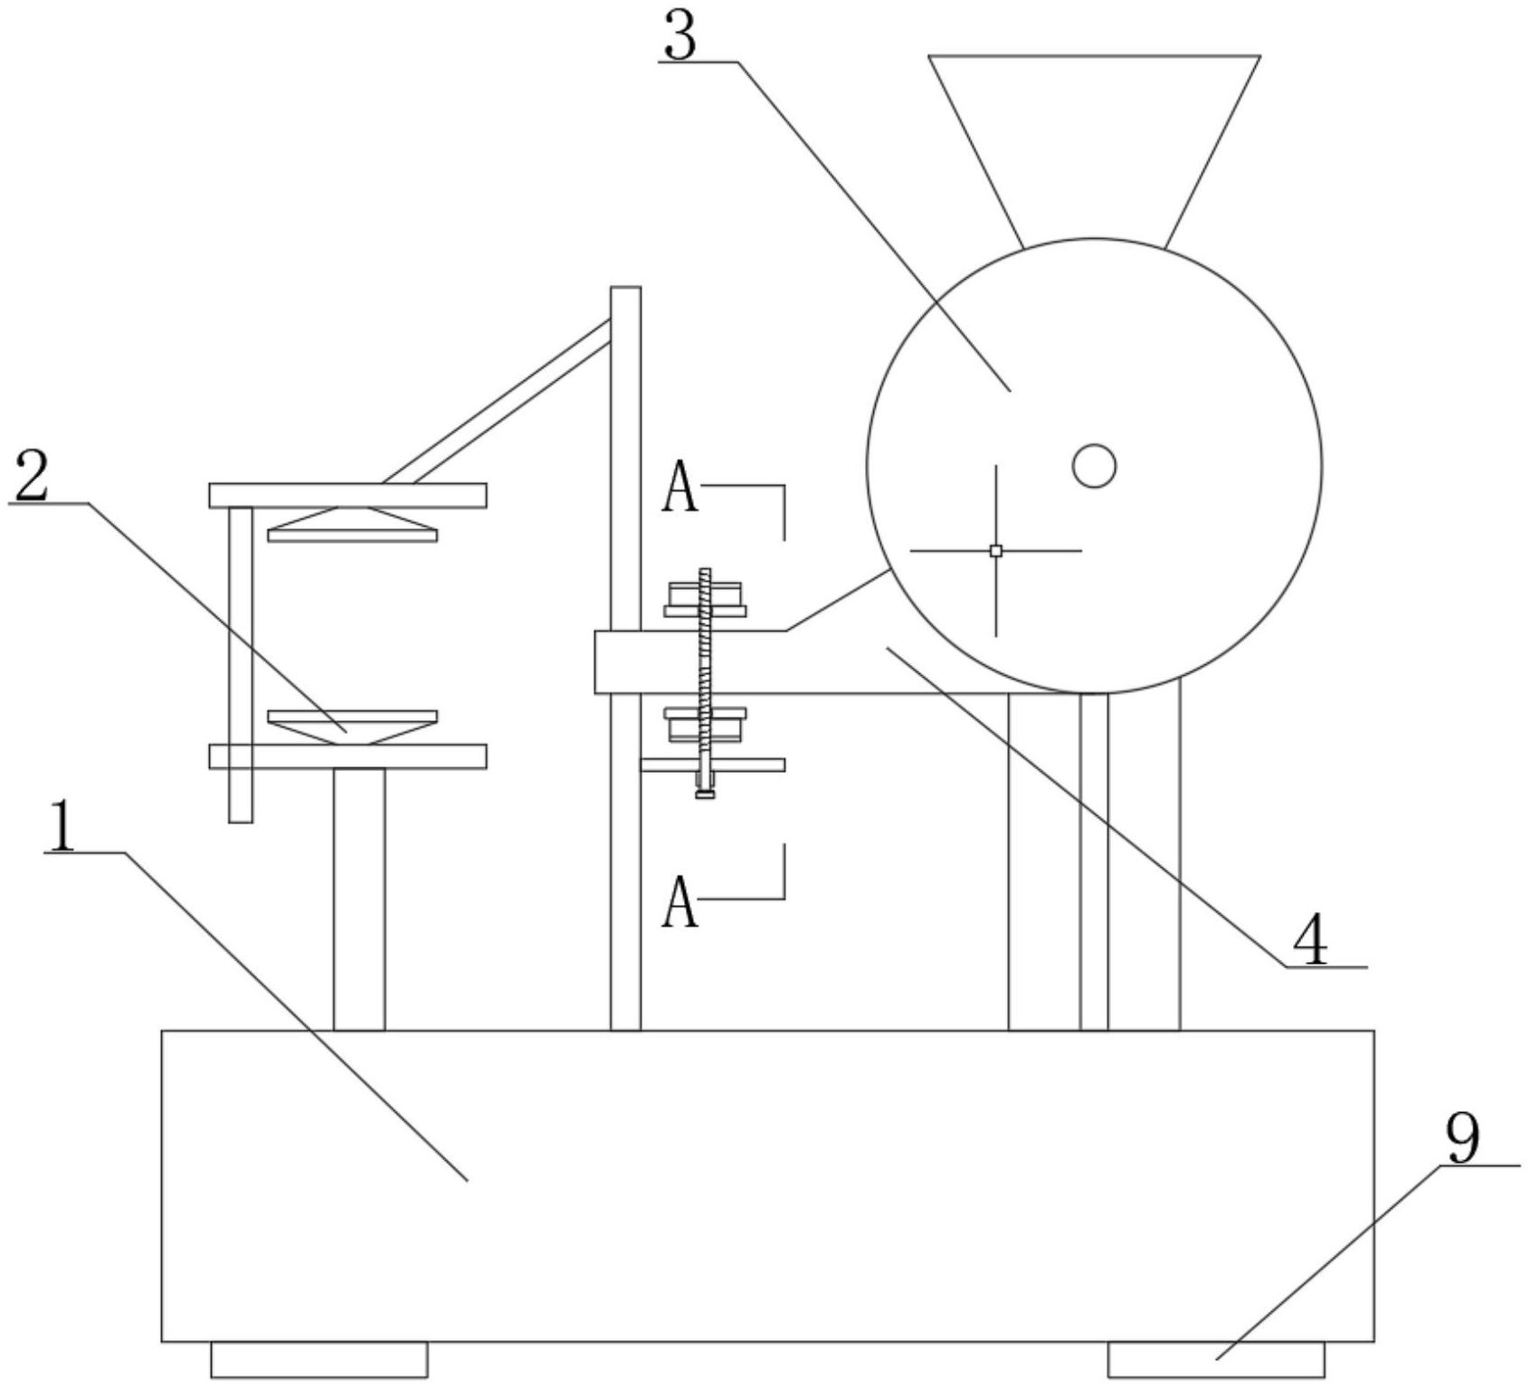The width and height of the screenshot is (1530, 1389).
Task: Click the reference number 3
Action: pos(679,33)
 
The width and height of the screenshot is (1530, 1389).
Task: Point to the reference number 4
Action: pos(1309,942)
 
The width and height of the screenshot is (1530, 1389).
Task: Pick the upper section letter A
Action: pos(680,487)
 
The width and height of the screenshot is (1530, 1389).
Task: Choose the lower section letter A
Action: pos(680,902)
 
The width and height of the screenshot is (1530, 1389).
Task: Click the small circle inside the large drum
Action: pos(1094,466)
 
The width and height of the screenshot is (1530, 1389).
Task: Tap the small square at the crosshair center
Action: pos(996,550)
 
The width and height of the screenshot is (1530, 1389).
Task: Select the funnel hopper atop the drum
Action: pos(1094,150)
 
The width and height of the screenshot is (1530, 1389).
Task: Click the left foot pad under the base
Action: pos(319,1359)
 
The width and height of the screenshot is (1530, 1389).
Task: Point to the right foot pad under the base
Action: pos(1216,1359)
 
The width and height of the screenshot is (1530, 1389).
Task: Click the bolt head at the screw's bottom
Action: pos(705,794)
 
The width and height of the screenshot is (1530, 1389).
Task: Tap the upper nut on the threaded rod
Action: pos(705,598)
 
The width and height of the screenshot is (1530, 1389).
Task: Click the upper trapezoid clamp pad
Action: pos(353,525)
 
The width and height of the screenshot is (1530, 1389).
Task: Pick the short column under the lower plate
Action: pos(359,899)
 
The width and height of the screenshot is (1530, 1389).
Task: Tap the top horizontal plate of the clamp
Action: pos(348,496)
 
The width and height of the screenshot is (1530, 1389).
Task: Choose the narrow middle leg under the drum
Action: pos(1094,861)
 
